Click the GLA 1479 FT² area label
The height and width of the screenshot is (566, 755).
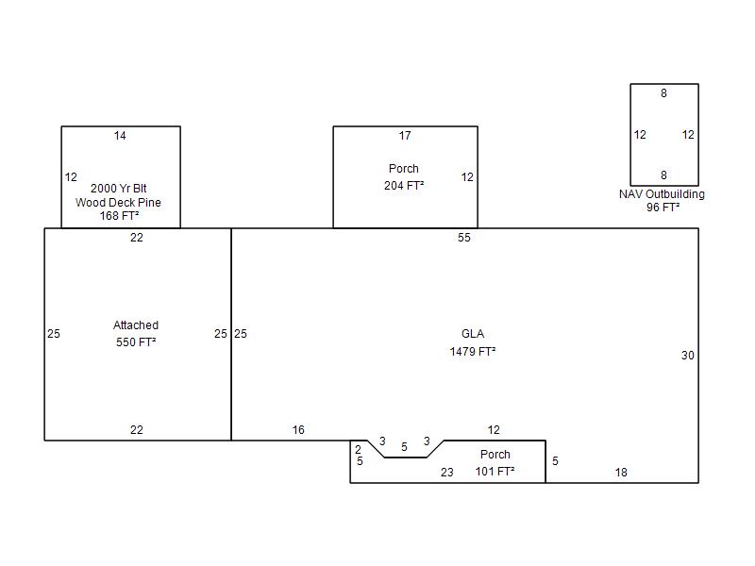pos(473,342)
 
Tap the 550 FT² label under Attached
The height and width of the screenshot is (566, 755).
pos(136,342)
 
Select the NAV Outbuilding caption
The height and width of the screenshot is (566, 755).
pos(662,194)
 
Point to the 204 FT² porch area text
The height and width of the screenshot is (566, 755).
pos(404,185)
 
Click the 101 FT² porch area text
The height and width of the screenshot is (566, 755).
pos(495,471)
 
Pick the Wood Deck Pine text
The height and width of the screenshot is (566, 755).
pos(118,202)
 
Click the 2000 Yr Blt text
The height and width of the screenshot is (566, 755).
pos(119,188)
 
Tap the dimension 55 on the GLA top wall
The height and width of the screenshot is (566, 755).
pos(464,238)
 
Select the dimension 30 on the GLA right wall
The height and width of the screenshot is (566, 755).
pos(688,356)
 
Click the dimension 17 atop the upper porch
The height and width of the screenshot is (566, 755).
pos(405,136)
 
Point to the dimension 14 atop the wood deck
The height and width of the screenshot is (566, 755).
pos(120,136)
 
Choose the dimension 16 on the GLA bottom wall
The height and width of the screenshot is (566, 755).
pos(298,430)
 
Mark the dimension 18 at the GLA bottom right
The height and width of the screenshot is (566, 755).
pos(621,473)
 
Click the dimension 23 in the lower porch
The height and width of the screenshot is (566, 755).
pos(446,473)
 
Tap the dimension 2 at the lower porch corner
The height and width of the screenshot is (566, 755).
pos(358,450)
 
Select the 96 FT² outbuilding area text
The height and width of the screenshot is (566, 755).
pos(663,208)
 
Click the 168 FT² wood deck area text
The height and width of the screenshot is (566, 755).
pos(119,216)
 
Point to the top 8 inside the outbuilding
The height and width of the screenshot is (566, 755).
pos(663,93)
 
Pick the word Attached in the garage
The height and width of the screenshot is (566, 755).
pos(136,325)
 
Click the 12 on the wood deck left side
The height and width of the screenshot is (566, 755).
pos(71,177)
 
